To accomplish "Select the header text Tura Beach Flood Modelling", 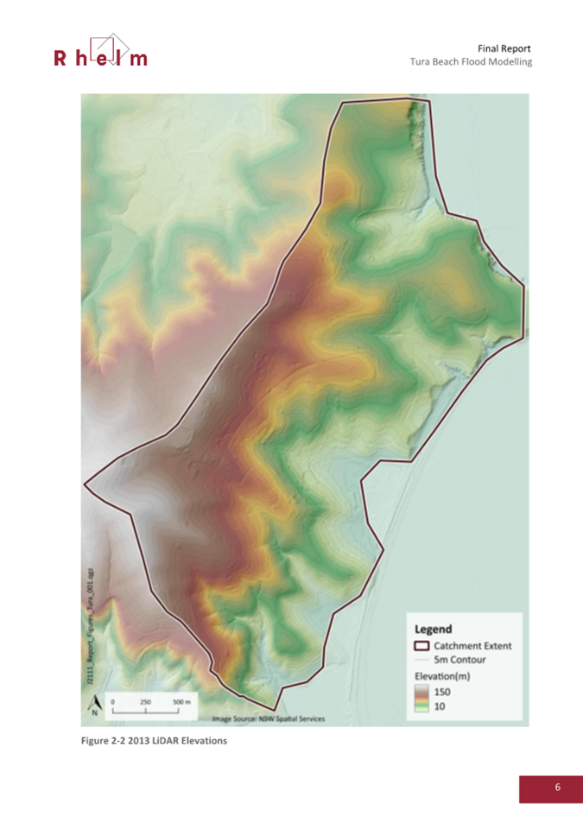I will point(471,63).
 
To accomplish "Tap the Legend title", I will point(434,629).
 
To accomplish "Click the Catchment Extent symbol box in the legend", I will point(422,645).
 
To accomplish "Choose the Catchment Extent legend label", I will point(472,645).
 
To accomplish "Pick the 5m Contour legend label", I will point(461,660).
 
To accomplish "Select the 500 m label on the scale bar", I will point(180,702).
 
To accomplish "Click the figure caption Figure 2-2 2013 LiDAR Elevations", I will point(154,741).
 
